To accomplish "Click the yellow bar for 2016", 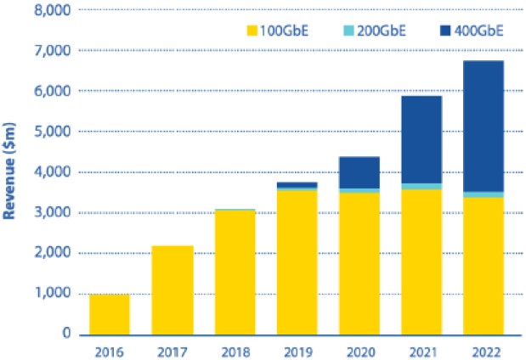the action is click(110, 314).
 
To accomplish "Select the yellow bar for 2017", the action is click(173, 290).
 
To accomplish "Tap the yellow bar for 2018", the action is click(235, 273).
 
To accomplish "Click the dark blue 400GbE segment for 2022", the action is click(484, 127).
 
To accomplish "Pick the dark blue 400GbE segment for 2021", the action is click(421, 140).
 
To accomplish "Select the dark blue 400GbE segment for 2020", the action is click(359, 172).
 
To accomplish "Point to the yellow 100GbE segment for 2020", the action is click(359, 264).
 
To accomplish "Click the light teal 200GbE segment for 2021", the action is click(421, 187).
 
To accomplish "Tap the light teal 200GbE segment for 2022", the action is click(484, 194).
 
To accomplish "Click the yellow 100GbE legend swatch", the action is click(252, 31).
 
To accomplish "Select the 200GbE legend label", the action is click(381, 31).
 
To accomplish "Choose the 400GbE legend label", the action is click(478, 31).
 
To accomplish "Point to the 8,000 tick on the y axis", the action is click(53, 10).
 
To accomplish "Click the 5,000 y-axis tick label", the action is click(53, 132).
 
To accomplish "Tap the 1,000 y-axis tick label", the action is click(53, 293).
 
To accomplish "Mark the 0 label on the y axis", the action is click(67, 333).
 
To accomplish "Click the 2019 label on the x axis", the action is click(298, 352).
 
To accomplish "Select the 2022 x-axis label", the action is click(486, 352).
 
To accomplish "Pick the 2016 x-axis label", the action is click(110, 352).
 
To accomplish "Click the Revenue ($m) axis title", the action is click(9, 172).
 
